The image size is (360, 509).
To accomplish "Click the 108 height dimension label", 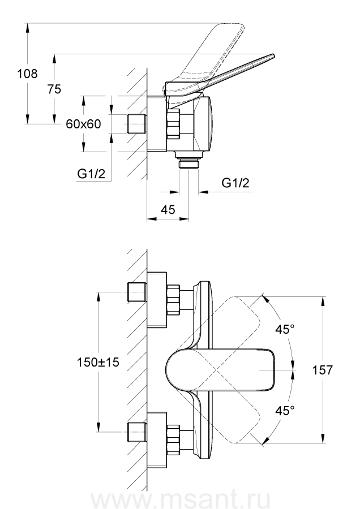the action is click(x=27, y=74).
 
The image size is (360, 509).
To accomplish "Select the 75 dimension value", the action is click(x=54, y=89).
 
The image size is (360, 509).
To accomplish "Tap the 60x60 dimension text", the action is click(x=84, y=124).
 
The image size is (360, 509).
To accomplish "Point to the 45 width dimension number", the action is click(x=168, y=209).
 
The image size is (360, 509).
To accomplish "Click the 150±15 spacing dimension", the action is click(x=98, y=362).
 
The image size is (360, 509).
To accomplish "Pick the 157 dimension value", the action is click(x=323, y=370).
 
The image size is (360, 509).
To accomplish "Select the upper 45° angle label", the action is click(x=285, y=330).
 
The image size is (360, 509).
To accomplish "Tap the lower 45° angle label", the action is click(x=285, y=411).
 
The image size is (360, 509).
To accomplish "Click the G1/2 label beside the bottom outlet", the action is click(x=235, y=183).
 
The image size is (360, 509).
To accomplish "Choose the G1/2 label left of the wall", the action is click(x=91, y=174).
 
